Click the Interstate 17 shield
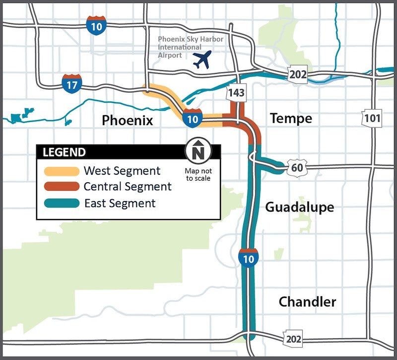click(x=71, y=84)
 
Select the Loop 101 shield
click(x=372, y=118)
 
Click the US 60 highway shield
click(x=297, y=168)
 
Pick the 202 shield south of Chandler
click(x=293, y=339)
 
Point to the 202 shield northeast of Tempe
click(x=298, y=75)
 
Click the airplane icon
click(x=201, y=60)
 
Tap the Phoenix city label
click(x=127, y=120)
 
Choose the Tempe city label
click(x=291, y=118)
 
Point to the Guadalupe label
click(x=299, y=207)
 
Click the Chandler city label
click(x=307, y=301)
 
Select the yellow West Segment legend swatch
click(x=61, y=171)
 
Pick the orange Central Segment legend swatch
click(x=61, y=187)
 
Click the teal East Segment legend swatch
click(x=61, y=203)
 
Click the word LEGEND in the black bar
click(x=64, y=152)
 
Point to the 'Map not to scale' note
click(x=198, y=174)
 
